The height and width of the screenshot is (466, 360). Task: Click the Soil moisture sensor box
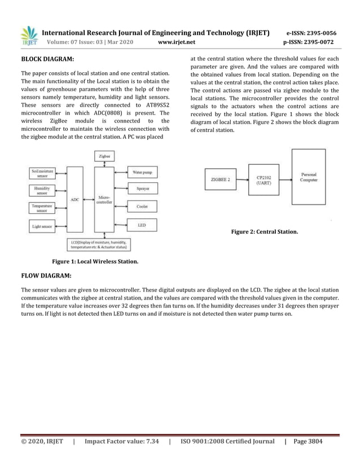[x=42, y=173]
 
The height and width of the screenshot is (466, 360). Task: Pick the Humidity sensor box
[x=42, y=191]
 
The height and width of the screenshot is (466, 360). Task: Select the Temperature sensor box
[x=42, y=208]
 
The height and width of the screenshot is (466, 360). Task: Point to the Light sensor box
[x=42, y=226]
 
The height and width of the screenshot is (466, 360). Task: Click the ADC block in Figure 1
[x=74, y=200]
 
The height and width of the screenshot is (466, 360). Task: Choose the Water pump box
[x=142, y=172]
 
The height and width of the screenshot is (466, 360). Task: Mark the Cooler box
[x=142, y=207]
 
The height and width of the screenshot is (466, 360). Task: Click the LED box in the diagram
[x=142, y=225]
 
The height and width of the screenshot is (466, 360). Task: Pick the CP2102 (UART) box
[x=264, y=180]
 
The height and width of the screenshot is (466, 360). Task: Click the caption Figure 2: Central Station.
[x=265, y=232]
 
